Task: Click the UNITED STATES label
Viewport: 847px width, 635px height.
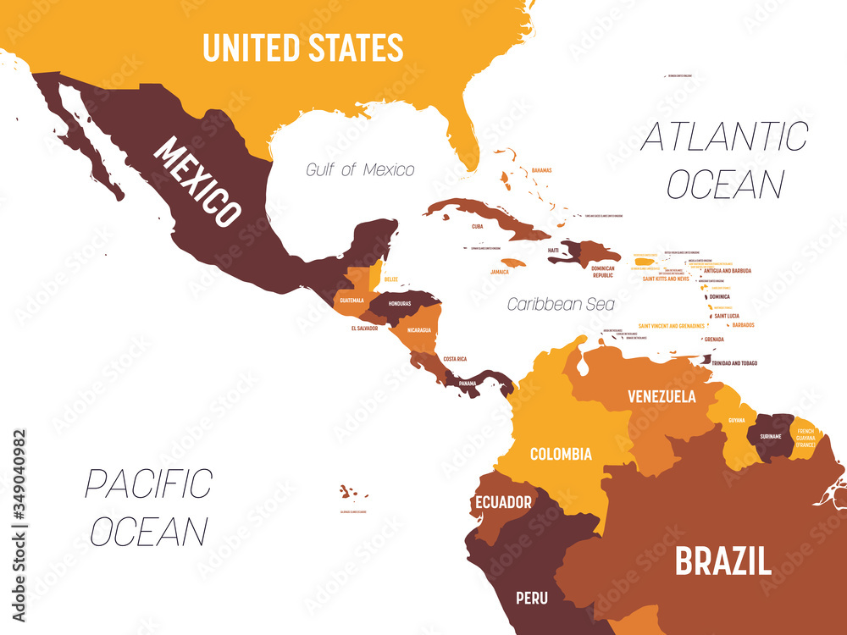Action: [302, 47]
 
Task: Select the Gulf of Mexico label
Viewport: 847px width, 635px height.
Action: [360, 170]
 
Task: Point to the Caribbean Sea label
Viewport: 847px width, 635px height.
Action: [561, 303]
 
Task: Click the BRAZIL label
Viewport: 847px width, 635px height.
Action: [722, 561]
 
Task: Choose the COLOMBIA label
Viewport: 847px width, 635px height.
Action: [561, 454]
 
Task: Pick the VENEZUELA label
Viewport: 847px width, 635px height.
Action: [662, 396]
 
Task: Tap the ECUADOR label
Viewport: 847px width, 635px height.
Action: [503, 502]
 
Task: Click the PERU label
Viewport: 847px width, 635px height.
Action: [532, 599]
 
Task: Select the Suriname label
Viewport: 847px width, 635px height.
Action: [770, 438]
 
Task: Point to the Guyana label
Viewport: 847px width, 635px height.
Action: [737, 420]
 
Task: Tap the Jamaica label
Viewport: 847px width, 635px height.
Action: [500, 272]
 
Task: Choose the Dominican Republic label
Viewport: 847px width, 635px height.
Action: [602, 271]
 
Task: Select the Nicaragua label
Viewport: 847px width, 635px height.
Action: [418, 329]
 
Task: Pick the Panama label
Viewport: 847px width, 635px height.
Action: [468, 383]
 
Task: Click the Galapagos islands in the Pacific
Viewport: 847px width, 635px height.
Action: [347, 493]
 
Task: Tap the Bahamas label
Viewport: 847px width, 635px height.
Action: [541, 170]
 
